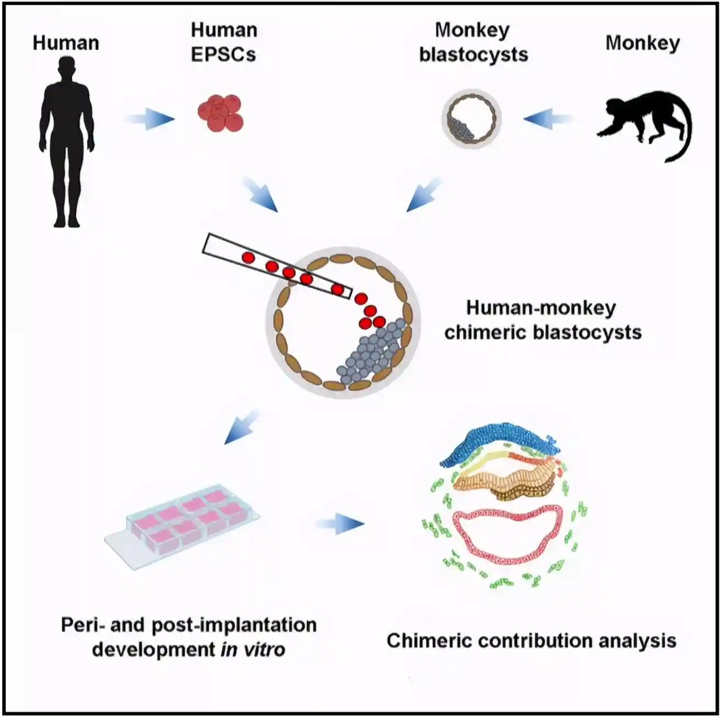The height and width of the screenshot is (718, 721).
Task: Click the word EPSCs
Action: click(x=223, y=54)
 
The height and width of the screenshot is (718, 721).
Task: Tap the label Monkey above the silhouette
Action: click(x=643, y=43)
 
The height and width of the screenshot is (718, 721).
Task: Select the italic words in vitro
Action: click(x=253, y=649)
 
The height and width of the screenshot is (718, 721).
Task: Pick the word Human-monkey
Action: click(x=541, y=308)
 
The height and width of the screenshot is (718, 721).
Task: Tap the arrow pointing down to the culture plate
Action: click(x=242, y=428)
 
